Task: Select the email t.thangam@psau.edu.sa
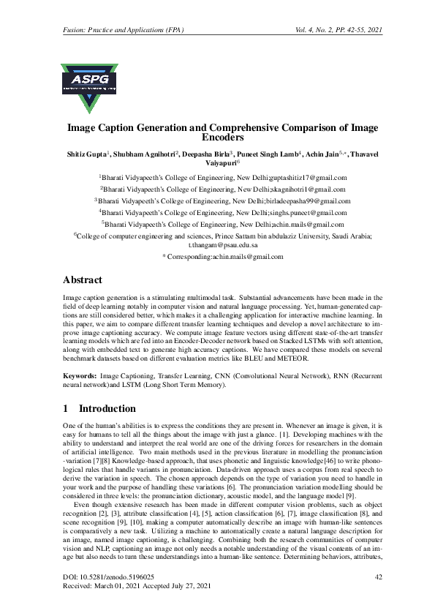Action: click(x=217, y=247)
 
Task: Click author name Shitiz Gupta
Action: click(x=83, y=154)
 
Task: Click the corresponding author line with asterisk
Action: click(x=217, y=258)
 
